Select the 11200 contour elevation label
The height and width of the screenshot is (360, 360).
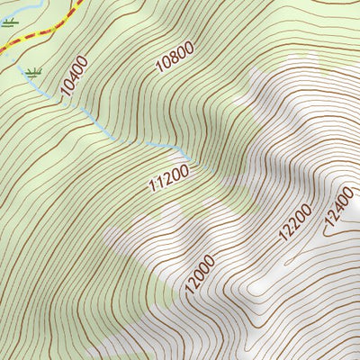[x=169, y=179]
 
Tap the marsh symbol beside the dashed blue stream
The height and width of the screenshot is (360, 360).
[x=34, y=72]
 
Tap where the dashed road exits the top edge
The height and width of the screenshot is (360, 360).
[x=79, y=2]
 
